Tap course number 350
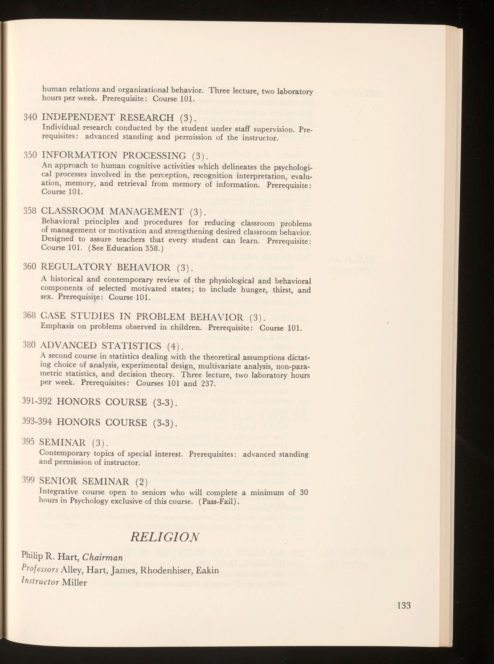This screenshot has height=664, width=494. (30, 155)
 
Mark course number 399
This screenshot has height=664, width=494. (28, 481)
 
